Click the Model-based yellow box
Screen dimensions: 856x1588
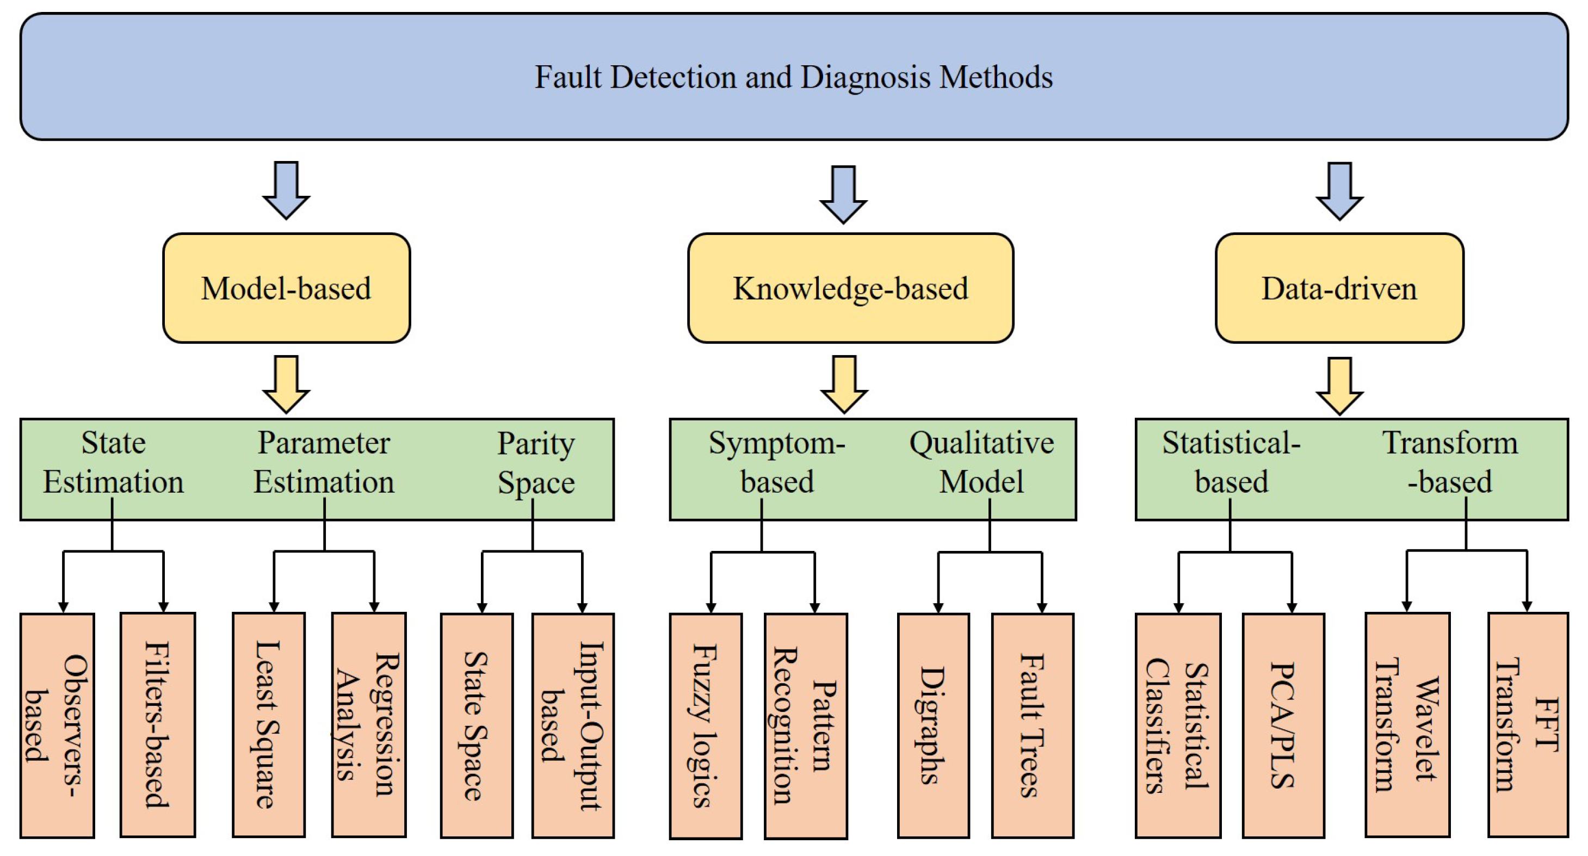(286, 288)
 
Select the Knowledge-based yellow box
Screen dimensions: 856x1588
(850, 288)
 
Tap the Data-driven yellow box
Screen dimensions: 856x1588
(1339, 288)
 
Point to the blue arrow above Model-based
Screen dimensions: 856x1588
(286, 190)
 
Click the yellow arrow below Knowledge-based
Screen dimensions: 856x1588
(844, 383)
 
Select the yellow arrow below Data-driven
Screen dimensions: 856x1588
(1339, 385)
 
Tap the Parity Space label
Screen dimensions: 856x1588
(536, 462)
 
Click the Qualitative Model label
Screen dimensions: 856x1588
(981, 462)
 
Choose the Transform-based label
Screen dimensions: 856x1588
(1449, 462)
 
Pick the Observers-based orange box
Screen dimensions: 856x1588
(57, 725)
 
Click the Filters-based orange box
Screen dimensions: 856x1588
(158, 725)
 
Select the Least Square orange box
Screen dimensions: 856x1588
(269, 725)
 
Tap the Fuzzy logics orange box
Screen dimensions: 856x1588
(705, 726)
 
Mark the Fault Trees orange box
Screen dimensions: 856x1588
(1033, 725)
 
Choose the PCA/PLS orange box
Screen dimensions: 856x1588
(1283, 725)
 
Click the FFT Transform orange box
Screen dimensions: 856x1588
(1528, 725)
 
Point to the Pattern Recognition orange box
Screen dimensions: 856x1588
(805, 726)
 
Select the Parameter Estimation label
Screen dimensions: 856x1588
(324, 462)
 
